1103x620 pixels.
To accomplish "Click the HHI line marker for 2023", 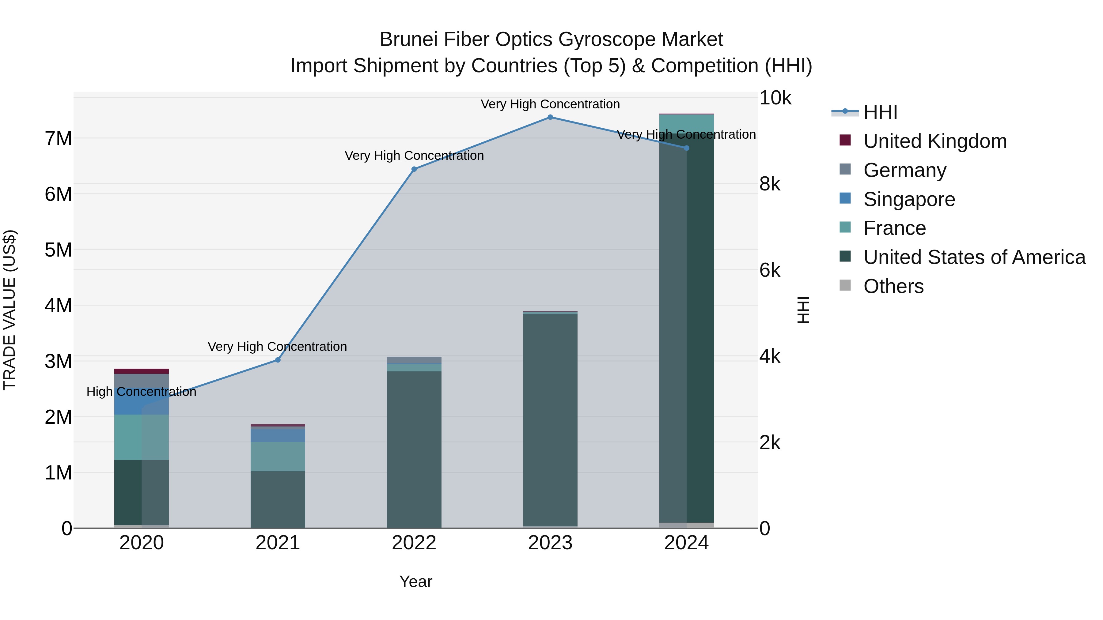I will (550, 117).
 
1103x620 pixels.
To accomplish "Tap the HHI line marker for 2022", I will (414, 169).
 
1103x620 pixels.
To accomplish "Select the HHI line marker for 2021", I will (278, 360).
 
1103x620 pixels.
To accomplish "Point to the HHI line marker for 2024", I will (686, 148).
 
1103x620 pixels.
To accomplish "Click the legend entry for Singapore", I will (909, 199).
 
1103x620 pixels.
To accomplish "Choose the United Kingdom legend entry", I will (935, 141).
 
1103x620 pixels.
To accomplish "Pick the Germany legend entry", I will (904, 170).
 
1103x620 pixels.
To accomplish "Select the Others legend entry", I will (893, 286).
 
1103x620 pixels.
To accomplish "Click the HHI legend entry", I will (880, 112).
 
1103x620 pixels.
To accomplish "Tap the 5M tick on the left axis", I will (59, 250).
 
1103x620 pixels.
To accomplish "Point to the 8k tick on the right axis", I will (769, 184).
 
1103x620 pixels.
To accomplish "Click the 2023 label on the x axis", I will (550, 543).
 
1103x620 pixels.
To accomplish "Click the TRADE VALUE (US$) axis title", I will (10, 310).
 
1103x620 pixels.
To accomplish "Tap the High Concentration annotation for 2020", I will (141, 392).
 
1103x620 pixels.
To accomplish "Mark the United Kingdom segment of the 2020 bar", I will (141, 371).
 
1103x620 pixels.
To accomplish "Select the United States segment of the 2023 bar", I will (550, 419).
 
